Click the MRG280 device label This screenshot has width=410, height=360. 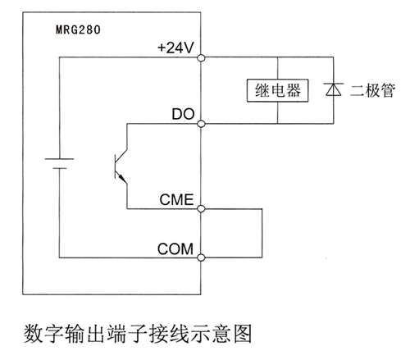coord(78,30)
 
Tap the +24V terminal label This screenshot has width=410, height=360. coord(175,48)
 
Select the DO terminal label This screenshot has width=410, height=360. coord(183,114)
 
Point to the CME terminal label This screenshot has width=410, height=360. coord(176,199)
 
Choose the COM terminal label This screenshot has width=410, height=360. coord(175,248)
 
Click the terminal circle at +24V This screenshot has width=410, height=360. coord(201,57)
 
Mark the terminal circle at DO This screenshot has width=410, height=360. coord(201,124)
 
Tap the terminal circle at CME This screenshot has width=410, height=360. coord(201,209)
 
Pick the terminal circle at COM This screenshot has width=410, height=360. coord(201,257)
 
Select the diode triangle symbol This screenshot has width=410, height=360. coord(334,89)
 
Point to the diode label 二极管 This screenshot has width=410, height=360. coord(372,90)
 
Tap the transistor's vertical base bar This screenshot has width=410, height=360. coord(116,166)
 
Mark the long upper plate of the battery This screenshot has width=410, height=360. coord(59,159)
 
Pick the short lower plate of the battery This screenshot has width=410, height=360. coord(60,168)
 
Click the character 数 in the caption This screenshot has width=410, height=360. coord(34,334)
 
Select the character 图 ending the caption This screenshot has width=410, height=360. coord(243,334)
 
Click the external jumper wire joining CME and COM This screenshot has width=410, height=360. coord(262,233)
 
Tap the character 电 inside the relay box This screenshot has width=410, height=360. coord(278,90)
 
